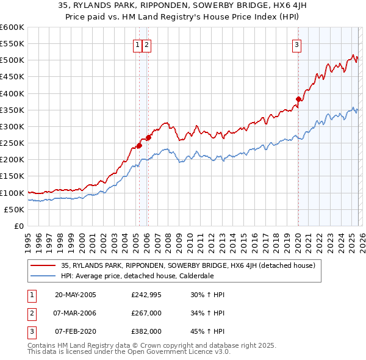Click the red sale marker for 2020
[298, 99]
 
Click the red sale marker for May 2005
[139, 145]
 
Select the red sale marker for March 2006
[148, 137]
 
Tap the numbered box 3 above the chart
[296, 44]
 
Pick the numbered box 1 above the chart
[138, 44]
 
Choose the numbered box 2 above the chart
[148, 44]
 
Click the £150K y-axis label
[12, 176]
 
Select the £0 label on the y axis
[18, 226]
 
